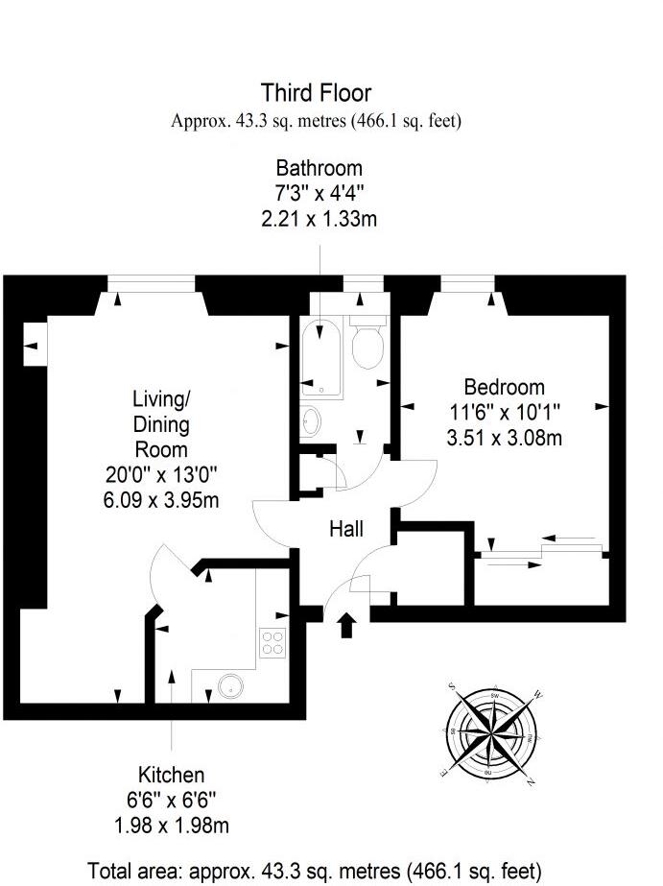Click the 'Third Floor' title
click(x=316, y=93)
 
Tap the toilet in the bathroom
click(x=367, y=345)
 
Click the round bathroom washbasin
click(x=310, y=421)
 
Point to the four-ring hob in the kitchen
click(x=273, y=641)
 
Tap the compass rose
click(x=491, y=731)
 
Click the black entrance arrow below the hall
click(x=346, y=625)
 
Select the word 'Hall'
click(x=346, y=529)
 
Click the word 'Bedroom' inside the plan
click(x=504, y=388)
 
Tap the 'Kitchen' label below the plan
click(x=171, y=776)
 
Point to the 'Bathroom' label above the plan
click(x=320, y=169)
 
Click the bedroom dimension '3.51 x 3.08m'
click(x=504, y=439)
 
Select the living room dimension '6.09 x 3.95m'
click(x=160, y=498)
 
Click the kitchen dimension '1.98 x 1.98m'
click(x=171, y=826)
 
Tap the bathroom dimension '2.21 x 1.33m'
click(x=320, y=219)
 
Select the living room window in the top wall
click(x=152, y=281)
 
